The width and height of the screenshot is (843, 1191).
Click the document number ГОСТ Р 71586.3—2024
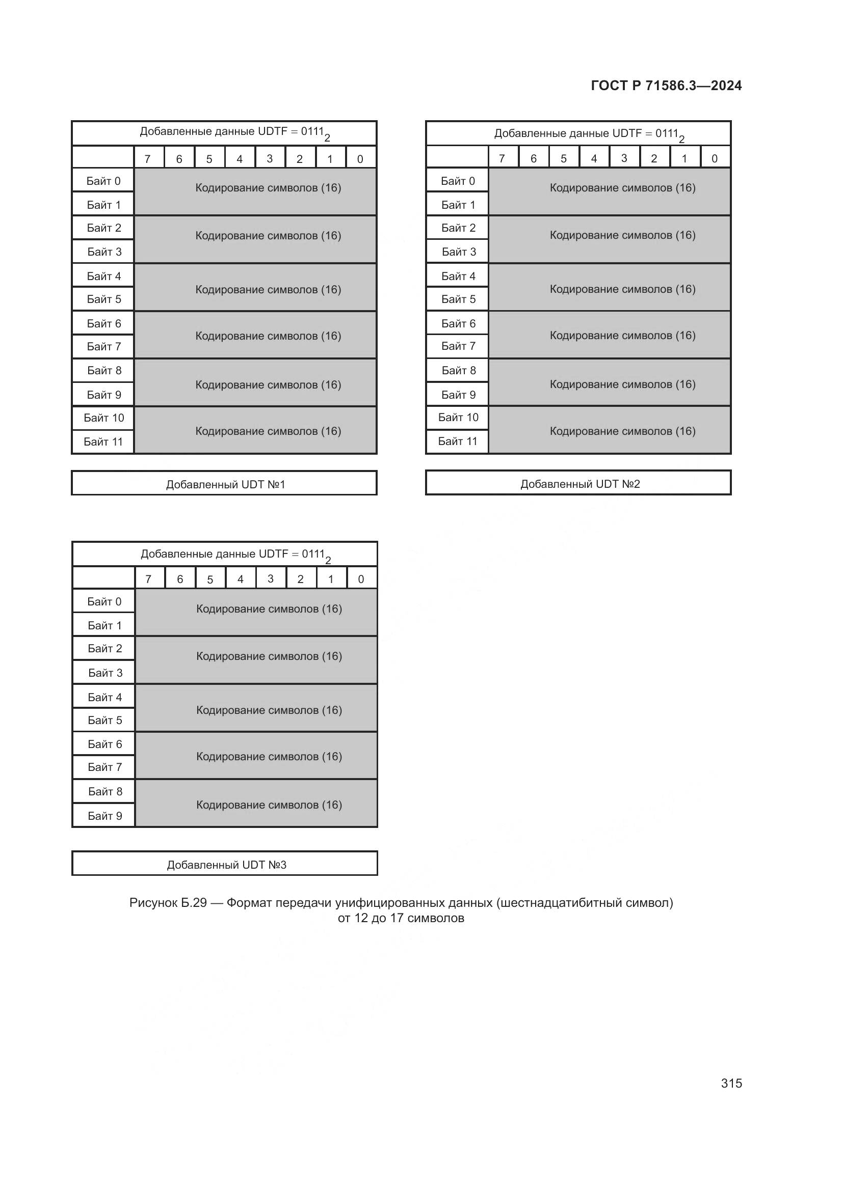coord(666,86)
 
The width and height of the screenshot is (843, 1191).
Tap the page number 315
coord(731,1083)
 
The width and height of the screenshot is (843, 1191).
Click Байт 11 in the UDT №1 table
coord(103,442)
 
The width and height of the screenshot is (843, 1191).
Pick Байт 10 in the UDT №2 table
coord(458,418)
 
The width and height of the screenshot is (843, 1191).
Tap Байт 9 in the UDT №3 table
coord(104,816)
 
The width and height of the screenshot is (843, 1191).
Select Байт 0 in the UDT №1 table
coord(103,181)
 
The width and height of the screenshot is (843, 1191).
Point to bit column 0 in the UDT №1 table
coord(361,158)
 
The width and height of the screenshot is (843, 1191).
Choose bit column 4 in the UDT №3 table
coord(241,578)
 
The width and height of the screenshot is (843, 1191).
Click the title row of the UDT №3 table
coord(225,554)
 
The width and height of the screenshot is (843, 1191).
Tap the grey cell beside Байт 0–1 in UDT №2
coord(610,191)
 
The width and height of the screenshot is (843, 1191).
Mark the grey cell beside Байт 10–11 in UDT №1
coord(255,430)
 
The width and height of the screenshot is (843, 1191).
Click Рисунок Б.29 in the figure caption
coord(168,903)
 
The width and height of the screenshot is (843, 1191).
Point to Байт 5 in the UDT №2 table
coord(458,299)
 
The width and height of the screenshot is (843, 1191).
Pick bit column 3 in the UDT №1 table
coord(270,158)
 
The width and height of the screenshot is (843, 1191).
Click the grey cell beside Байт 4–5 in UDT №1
coord(255,287)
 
